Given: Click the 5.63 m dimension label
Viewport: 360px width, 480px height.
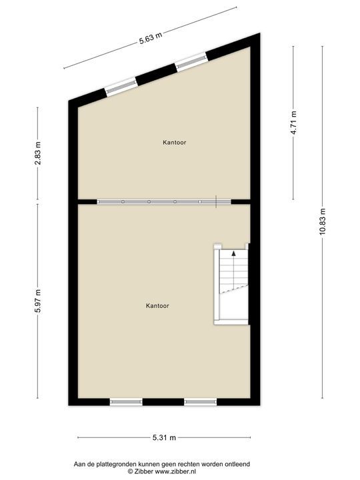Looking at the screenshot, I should pos(151,38).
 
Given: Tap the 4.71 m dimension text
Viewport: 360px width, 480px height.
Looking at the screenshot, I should pos(293,122).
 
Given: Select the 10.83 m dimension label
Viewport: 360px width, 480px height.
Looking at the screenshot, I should pos(322,222).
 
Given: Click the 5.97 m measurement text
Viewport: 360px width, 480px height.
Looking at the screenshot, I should pos(39,301).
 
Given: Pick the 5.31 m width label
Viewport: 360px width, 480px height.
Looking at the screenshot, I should pos(164,438).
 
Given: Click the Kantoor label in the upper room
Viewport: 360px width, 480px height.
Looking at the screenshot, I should pos(174,142).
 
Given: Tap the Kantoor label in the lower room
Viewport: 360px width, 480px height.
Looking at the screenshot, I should pos(157,306).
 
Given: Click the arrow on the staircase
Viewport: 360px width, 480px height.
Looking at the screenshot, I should pos(233,253).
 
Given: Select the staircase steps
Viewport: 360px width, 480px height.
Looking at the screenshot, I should pos(233,273).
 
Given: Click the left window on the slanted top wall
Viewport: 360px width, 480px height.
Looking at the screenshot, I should pos(121,86).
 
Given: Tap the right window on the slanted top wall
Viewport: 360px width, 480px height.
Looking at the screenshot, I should pos(191,62).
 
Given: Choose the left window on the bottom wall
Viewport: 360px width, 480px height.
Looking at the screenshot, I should pos(126,401).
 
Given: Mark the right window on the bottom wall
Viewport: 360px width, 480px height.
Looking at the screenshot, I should pos(201,401).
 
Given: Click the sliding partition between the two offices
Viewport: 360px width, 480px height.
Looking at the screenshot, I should pos(163,201).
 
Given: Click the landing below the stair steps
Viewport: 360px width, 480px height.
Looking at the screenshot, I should pos(233,308).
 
